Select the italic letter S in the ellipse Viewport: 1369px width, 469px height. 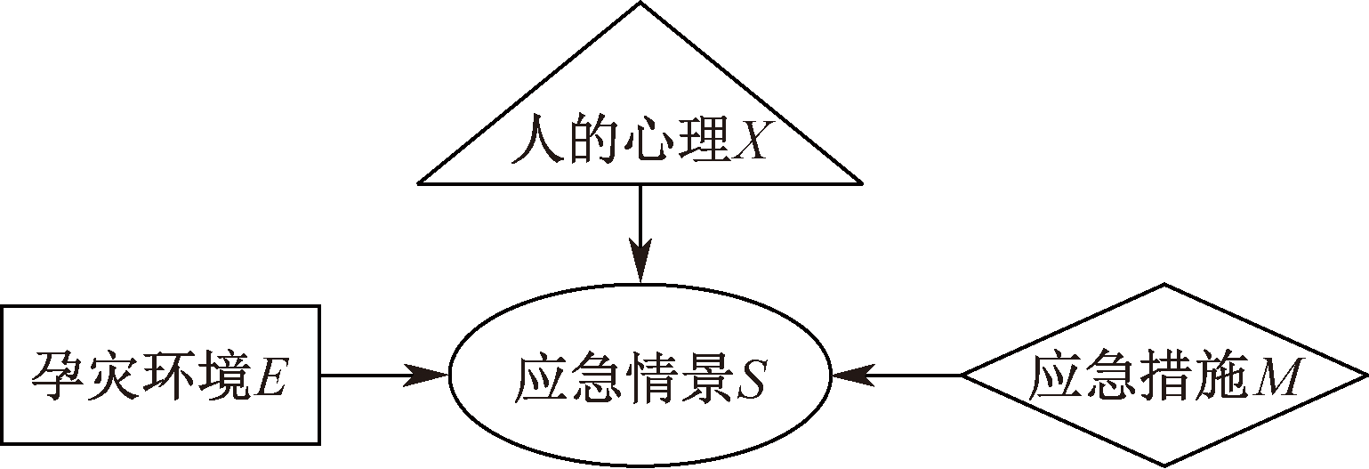pyautogui.click(x=751, y=379)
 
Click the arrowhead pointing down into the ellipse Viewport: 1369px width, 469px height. pyautogui.click(x=640, y=267)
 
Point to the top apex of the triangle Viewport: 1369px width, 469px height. pyautogui.click(x=640, y=4)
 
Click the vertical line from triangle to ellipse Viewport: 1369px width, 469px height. pyautogui.click(x=640, y=218)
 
